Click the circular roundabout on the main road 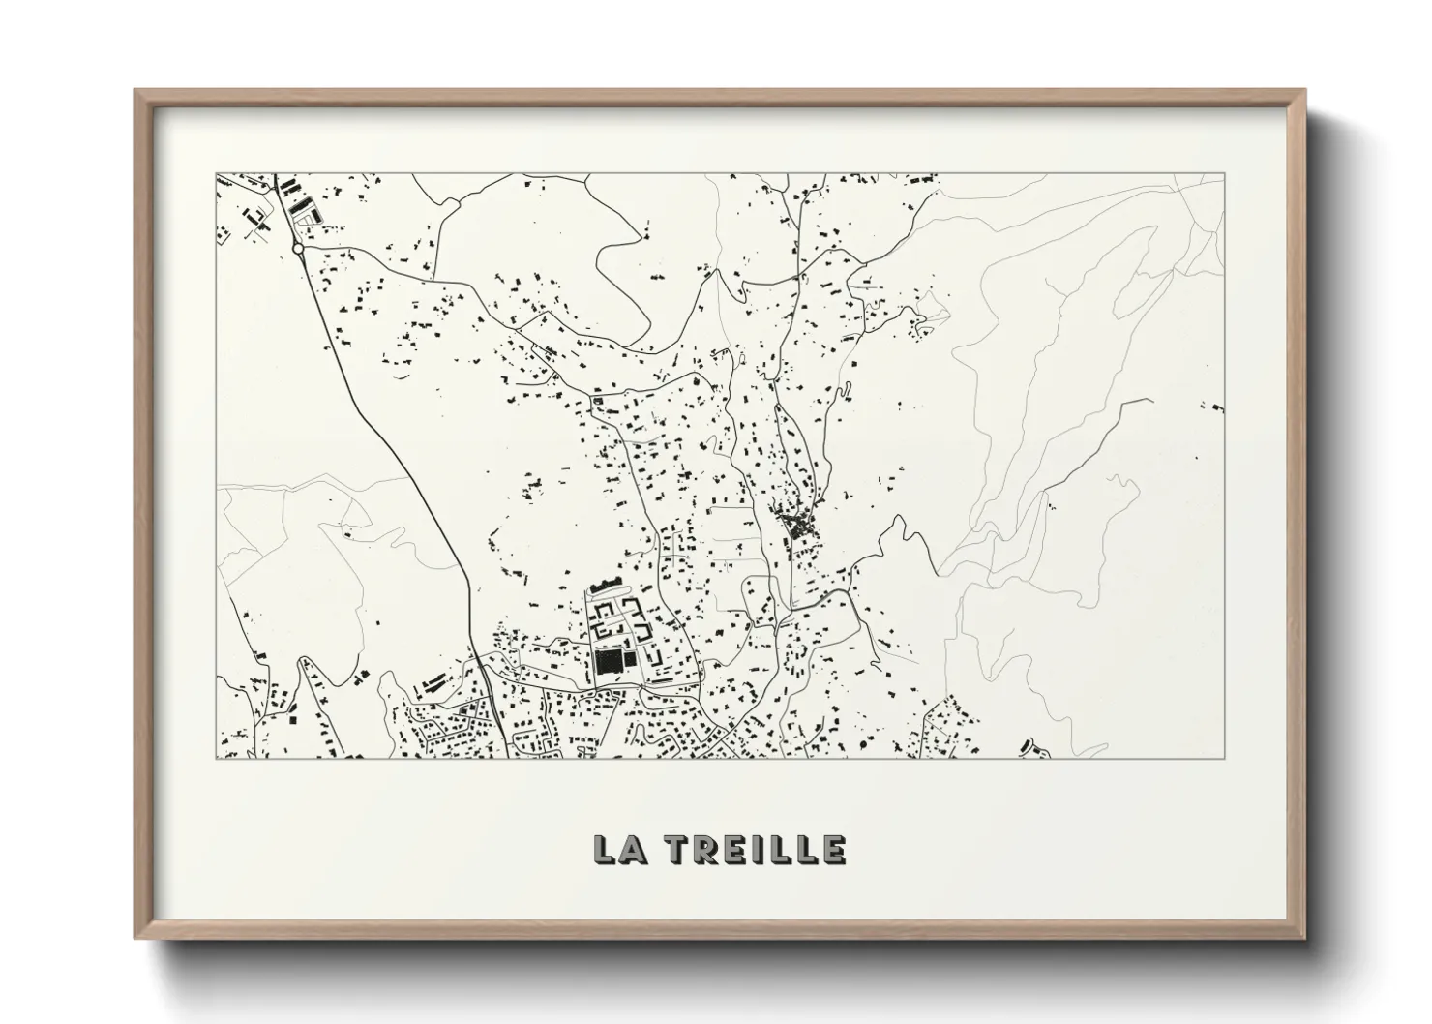[x=298, y=249]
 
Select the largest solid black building [x=609, y=662]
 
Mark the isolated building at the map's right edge [x=1215, y=407]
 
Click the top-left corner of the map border [x=216, y=174]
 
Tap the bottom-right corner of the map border [x=1226, y=757]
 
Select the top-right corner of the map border [x=1226, y=174]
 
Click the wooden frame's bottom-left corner [x=135, y=937]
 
